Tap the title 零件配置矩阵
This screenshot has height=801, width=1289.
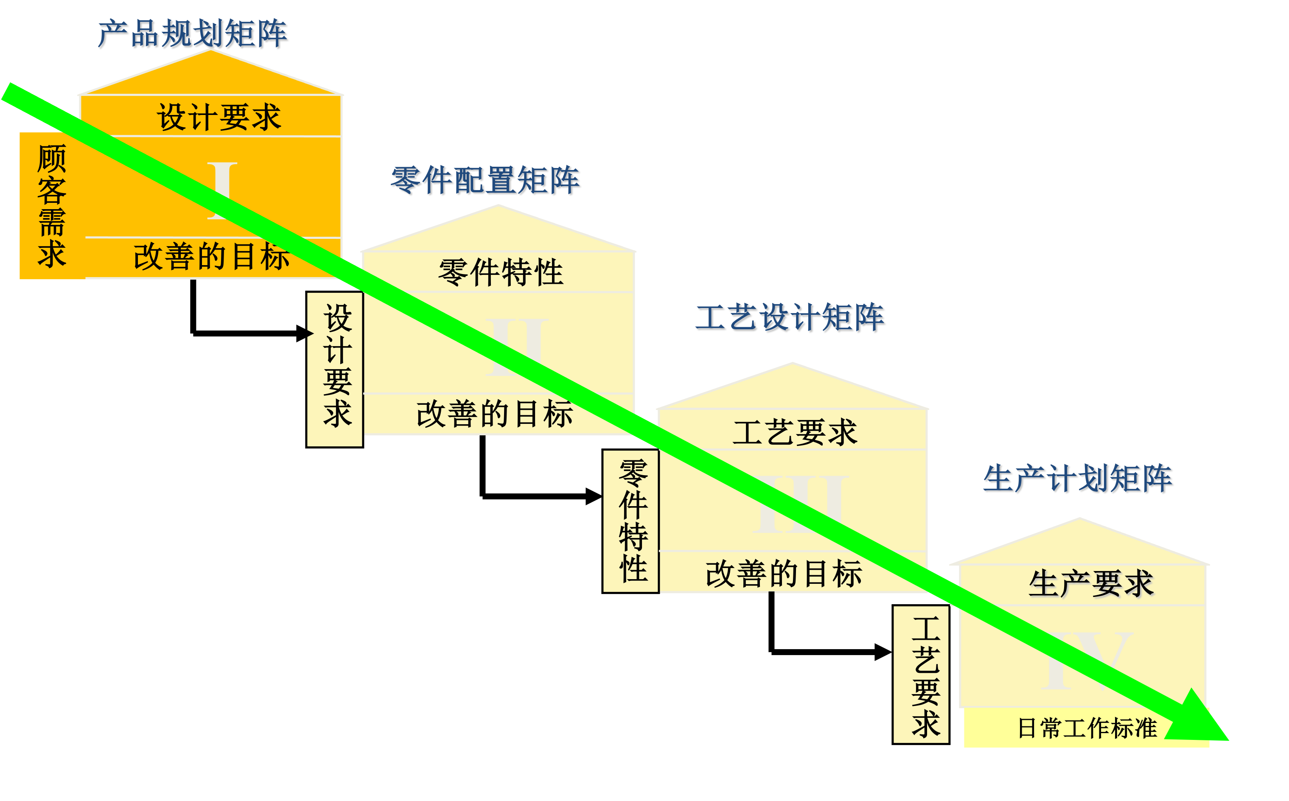click(x=485, y=180)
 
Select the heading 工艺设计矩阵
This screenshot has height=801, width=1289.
click(x=790, y=318)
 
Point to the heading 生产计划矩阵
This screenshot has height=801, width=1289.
click(x=1078, y=479)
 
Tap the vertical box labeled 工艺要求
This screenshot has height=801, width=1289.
click(x=921, y=675)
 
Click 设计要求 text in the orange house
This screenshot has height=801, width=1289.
click(x=219, y=117)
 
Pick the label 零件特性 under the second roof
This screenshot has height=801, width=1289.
click(x=501, y=272)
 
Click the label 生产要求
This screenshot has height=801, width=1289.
click(x=1091, y=584)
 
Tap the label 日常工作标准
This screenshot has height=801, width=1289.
click(x=1087, y=728)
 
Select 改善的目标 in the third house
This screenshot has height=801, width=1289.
click(x=784, y=574)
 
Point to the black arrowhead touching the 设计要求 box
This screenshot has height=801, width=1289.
click(x=305, y=333)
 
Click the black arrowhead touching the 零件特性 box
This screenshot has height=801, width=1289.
click(x=594, y=496)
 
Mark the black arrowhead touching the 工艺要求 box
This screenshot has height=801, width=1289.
click(x=883, y=652)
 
